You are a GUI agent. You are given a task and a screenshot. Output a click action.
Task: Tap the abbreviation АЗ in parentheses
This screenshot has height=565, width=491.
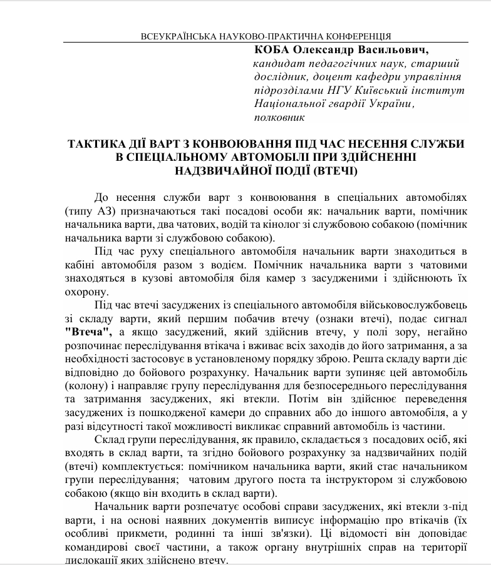tap(100, 211)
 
